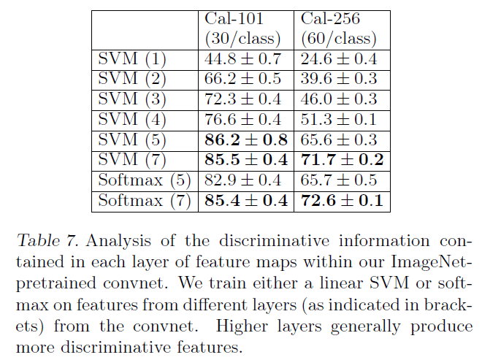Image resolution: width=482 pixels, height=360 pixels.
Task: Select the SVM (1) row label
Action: [133, 59]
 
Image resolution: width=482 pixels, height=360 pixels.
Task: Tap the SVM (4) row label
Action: [133, 120]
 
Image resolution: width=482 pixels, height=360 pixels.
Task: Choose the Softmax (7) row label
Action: [143, 199]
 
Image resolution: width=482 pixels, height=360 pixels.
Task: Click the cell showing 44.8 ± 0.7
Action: [245, 59]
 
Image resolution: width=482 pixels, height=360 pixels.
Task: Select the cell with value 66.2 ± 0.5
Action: [245, 80]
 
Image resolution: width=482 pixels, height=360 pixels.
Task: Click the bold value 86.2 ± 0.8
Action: [245, 139]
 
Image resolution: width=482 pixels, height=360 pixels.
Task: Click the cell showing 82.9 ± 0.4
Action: [245, 180]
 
